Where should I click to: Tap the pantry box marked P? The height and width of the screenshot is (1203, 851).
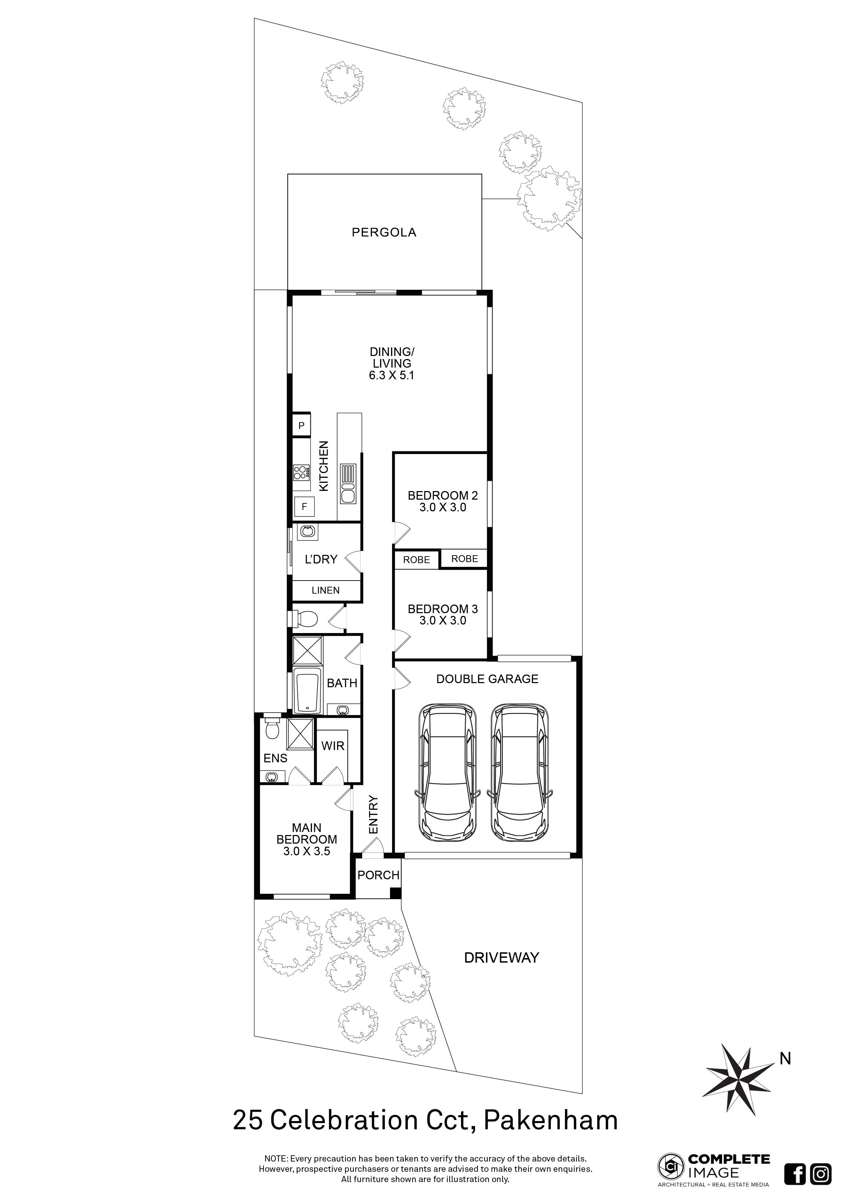click(301, 426)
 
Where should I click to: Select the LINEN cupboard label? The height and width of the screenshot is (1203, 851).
click(326, 591)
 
